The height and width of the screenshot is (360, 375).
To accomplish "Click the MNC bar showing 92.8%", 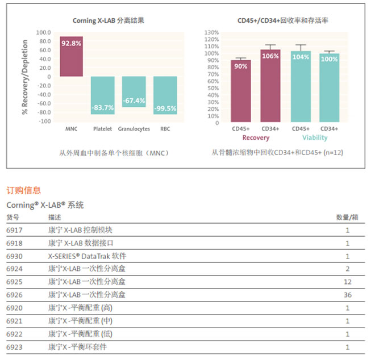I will coord(72,56).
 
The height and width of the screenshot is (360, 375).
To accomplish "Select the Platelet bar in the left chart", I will coord(102,95).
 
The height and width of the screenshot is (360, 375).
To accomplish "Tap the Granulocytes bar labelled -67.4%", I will coord(134,91).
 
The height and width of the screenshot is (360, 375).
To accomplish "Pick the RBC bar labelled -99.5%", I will coord(165,95).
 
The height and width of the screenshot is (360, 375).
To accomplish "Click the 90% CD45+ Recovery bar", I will coord(240,91).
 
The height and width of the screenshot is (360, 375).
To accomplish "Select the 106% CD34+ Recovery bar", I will coord(270,86).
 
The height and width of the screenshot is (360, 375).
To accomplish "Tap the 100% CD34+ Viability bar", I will coord(330,88).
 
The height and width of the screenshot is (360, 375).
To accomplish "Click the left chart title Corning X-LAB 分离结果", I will coord(109,21).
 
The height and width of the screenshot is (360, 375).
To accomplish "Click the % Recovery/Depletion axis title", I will coord(25,77).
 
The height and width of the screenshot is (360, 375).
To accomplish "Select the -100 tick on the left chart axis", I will coord(44,122).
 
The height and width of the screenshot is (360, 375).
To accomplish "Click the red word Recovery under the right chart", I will coord(256,138).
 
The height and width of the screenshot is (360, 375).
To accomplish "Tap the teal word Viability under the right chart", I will coord(315,138).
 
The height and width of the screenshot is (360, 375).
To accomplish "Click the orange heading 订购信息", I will coord(24,190).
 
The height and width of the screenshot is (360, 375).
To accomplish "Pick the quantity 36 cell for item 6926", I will coord(348,295).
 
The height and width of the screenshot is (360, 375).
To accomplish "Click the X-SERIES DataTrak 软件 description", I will coord(86,256).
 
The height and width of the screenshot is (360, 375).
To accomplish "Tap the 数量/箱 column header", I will coord(347,217).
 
